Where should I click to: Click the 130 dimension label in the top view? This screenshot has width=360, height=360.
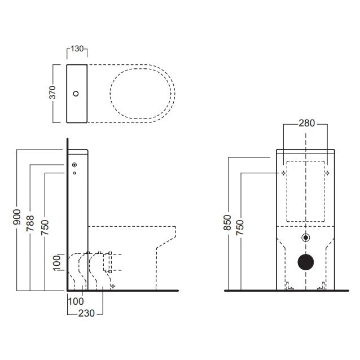click(77, 49)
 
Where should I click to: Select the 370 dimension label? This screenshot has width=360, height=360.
click(52, 93)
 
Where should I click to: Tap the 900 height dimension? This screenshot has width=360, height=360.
click(17, 217)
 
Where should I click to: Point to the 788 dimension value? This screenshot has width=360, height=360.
click(30, 223)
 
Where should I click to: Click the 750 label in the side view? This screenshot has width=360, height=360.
click(45, 227)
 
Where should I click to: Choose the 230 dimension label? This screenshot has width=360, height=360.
click(86, 313)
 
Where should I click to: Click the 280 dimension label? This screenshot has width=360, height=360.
click(306, 123)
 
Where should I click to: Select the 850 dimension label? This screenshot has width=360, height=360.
click(227, 222)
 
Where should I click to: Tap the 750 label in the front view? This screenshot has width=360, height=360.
click(240, 227)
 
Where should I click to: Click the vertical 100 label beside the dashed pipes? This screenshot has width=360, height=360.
click(56, 263)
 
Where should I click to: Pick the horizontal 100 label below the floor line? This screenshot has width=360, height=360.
click(76, 301)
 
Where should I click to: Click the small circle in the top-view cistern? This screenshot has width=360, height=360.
click(76, 94)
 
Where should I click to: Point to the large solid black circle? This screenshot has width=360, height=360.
click(306, 262)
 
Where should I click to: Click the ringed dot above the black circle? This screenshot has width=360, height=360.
click(306, 238)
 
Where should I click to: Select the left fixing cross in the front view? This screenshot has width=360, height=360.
click(284, 173)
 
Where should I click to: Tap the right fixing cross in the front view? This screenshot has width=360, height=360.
click(327, 173)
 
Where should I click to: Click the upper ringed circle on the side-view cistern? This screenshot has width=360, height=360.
click(74, 165)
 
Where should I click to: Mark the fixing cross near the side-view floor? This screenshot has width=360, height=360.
click(112, 286)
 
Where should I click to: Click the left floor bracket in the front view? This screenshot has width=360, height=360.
click(289, 286)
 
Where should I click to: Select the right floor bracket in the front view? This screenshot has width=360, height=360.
click(322, 286)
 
